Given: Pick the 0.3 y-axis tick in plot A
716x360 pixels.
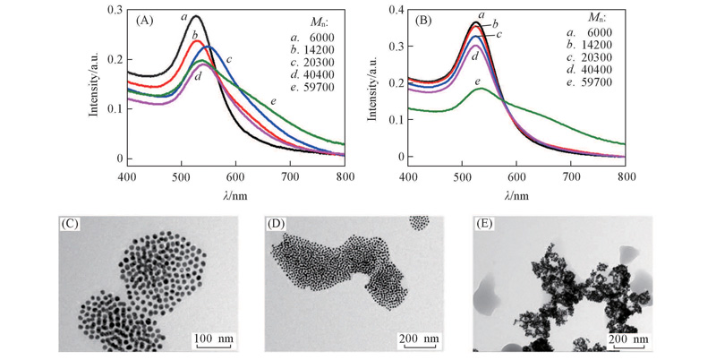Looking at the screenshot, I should tap(111, 10).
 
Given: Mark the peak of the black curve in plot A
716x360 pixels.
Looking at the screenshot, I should tap(196, 16).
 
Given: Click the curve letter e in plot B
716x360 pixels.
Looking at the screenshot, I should tap(481, 82).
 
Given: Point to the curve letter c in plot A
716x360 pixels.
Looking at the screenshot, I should tap(229, 59).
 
